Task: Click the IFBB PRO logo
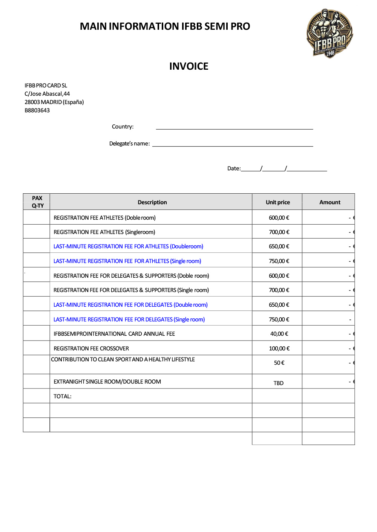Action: pyautogui.click(x=330, y=33)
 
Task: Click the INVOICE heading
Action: pyautogui.click(x=188, y=66)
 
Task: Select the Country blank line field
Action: pyautogui.click(x=234, y=127)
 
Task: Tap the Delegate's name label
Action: pyautogui.click(x=129, y=144)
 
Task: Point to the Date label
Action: pyautogui.click(x=234, y=168)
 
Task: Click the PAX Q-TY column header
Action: pyautogui.click(x=37, y=202)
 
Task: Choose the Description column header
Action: pyautogui.click(x=152, y=202)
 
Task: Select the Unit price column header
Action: pyautogui.click(x=278, y=202)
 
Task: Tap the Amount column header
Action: pyautogui.click(x=329, y=202)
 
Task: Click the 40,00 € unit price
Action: pyautogui.click(x=279, y=334)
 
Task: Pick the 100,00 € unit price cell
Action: pyautogui.click(x=279, y=349)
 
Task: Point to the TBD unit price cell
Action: pyautogui.click(x=279, y=383)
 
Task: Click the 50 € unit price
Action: pyautogui.click(x=279, y=363)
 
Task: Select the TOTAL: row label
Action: pyautogui.click(x=63, y=396)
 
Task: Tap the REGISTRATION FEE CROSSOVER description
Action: pyautogui.click(x=91, y=349)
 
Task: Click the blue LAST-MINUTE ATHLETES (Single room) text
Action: pyautogui.click(x=127, y=261)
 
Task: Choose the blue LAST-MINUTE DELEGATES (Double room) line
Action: pyautogui.click(x=130, y=305)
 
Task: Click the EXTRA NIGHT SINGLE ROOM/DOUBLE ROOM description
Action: pyautogui.click(x=107, y=382)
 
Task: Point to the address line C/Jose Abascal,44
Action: pyautogui.click(x=47, y=94)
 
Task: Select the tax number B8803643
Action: pyautogui.click(x=37, y=110)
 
